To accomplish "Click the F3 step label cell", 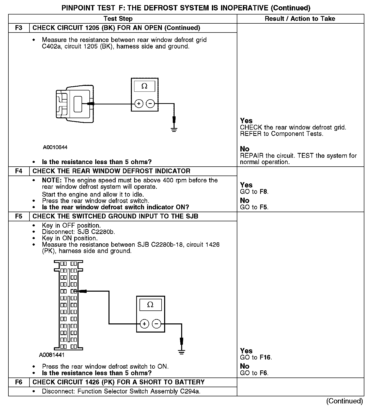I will click(19, 28).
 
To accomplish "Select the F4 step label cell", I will click(19, 171).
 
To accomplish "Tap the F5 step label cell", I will click(19, 216).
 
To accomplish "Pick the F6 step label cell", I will click(19, 382).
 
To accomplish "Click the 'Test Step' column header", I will click(118, 19).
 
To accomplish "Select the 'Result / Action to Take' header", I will click(300, 19).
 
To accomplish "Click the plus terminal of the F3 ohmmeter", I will click(139, 104).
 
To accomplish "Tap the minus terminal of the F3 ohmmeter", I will click(150, 104).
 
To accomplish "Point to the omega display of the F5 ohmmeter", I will click(150, 305).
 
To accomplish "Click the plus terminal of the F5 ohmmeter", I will click(144, 324).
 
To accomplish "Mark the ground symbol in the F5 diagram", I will click(181, 352).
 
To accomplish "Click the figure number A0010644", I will click(55, 147).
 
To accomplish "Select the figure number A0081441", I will click(52, 355).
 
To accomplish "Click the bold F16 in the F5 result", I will click(265, 358).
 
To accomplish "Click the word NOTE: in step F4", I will click(52, 180).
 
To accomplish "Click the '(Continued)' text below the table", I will click(345, 401).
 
